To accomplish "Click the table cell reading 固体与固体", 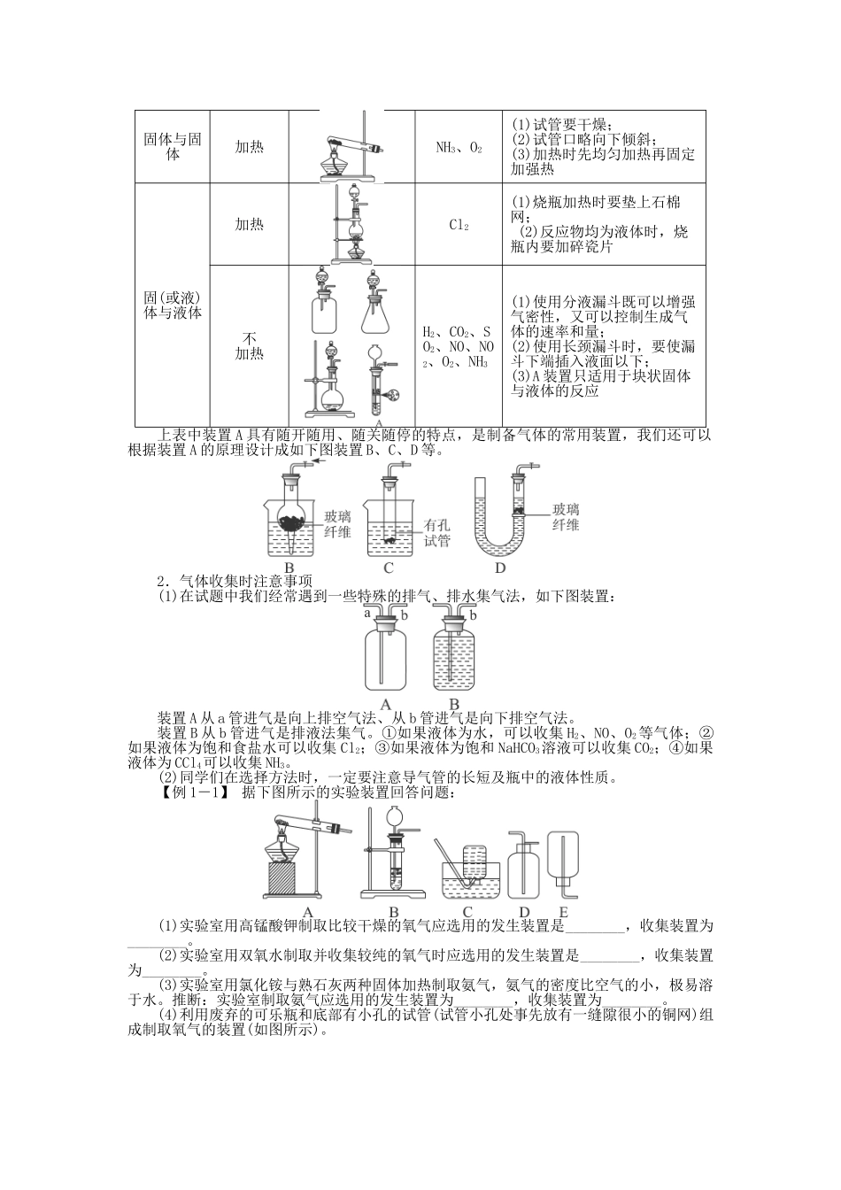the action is (173, 147).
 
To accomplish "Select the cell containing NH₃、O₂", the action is (459, 148).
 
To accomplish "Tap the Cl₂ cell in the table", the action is (459, 225).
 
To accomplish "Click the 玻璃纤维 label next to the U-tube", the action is (566, 516).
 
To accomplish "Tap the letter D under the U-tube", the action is (500, 568).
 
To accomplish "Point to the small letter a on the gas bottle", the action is (366, 612).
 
